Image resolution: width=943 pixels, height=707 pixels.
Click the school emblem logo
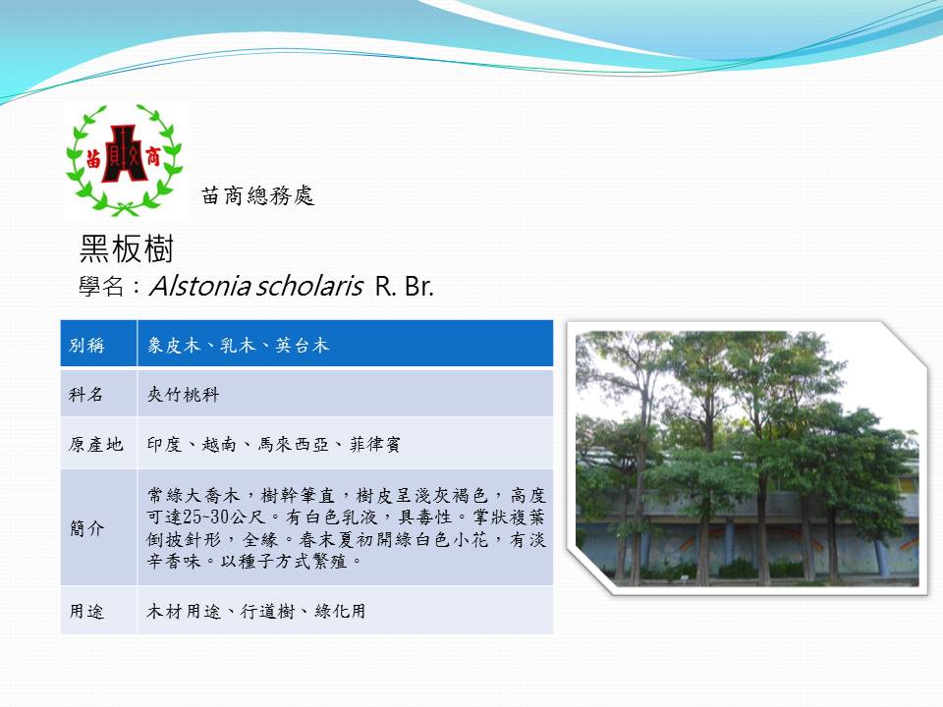click(125, 159)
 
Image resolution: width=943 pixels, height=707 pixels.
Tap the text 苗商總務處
click(258, 195)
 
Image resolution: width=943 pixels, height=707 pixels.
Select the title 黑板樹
click(127, 248)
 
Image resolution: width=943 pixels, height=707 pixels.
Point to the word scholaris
click(310, 286)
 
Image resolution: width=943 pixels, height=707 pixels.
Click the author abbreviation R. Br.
click(404, 287)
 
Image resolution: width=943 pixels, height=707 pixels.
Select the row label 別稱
click(86, 345)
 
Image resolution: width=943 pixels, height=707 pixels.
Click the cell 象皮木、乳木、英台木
click(238, 345)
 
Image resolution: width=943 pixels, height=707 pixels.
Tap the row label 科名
click(86, 395)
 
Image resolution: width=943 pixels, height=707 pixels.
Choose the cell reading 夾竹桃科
click(183, 395)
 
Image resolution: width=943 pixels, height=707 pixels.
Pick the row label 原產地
click(95, 444)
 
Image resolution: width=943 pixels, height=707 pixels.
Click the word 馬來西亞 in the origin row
click(294, 444)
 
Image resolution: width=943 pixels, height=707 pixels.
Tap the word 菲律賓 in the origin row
click(374, 444)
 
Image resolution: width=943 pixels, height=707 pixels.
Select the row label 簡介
click(86, 528)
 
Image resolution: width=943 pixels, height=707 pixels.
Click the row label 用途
click(86, 612)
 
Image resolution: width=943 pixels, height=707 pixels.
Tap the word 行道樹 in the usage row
click(267, 612)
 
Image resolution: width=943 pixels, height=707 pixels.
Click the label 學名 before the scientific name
click(101, 287)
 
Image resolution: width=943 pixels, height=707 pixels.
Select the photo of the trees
click(747, 459)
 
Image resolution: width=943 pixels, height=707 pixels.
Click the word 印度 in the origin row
click(164, 444)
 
